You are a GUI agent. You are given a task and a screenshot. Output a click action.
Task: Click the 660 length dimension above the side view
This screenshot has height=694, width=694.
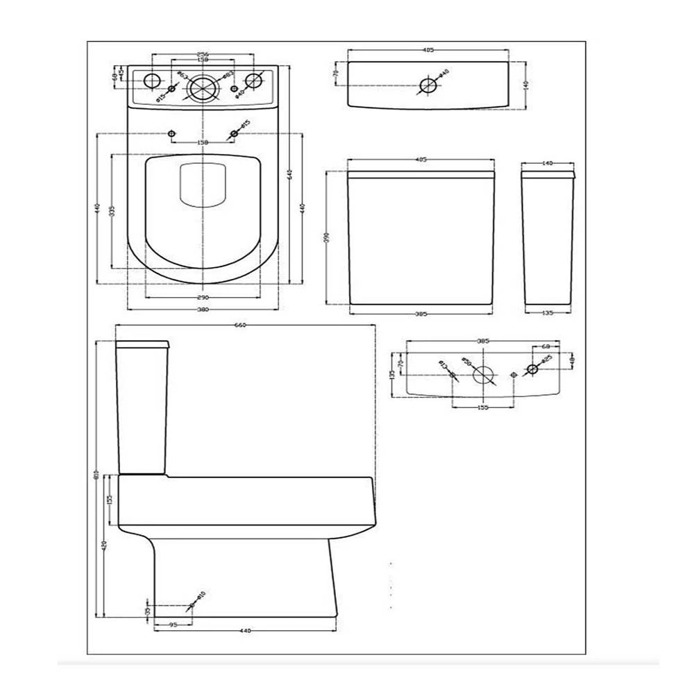(x=241, y=325)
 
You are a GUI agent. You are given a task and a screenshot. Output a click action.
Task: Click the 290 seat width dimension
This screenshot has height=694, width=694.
(x=203, y=297)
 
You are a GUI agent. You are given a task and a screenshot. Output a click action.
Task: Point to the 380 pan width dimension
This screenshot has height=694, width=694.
(x=203, y=310)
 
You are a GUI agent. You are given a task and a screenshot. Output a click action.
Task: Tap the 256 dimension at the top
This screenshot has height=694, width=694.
(x=203, y=53)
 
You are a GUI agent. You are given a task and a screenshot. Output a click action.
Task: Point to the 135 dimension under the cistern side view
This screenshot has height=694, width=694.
(x=547, y=313)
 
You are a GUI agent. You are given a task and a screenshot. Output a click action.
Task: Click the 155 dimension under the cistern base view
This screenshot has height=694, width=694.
(x=483, y=407)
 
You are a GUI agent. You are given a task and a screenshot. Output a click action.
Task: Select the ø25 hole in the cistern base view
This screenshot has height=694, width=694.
(x=532, y=369)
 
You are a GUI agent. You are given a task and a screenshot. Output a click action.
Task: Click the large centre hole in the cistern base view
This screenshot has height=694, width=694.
(x=484, y=375)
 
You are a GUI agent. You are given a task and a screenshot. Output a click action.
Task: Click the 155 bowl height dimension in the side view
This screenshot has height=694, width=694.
(x=109, y=500)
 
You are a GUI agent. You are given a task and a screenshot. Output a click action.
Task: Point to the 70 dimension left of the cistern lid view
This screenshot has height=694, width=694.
(x=335, y=73)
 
